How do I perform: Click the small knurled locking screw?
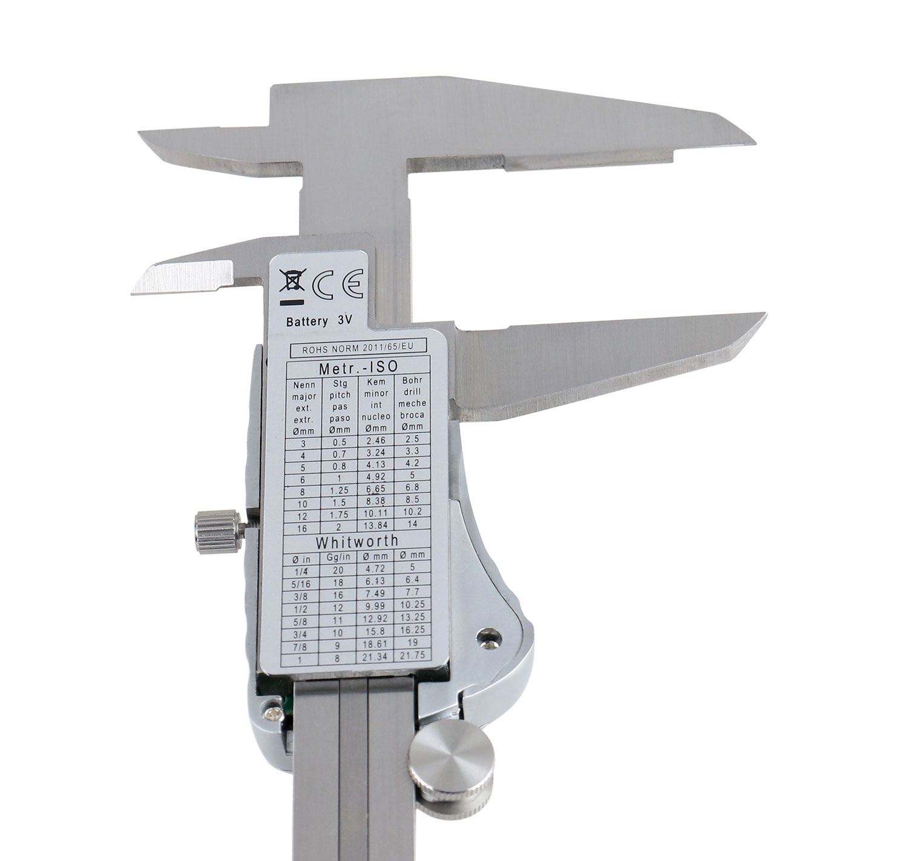tap(219, 532)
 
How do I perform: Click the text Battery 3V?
tap(318, 321)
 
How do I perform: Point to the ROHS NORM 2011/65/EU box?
tap(358, 347)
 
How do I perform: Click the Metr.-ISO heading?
tap(358, 367)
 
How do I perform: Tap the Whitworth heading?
tap(357, 540)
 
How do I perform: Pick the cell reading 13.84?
tap(376, 524)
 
